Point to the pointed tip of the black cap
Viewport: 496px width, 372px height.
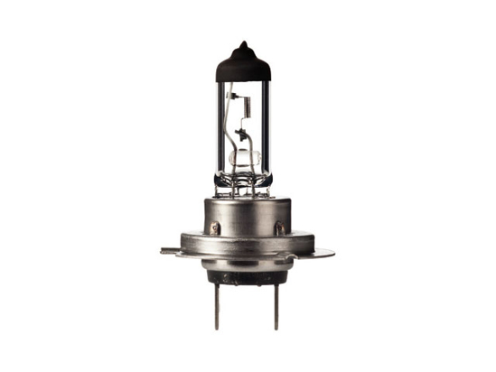[x=246, y=42]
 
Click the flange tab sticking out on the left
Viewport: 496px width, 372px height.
[x=170, y=249]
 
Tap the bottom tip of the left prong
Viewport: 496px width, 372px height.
[x=216, y=328]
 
